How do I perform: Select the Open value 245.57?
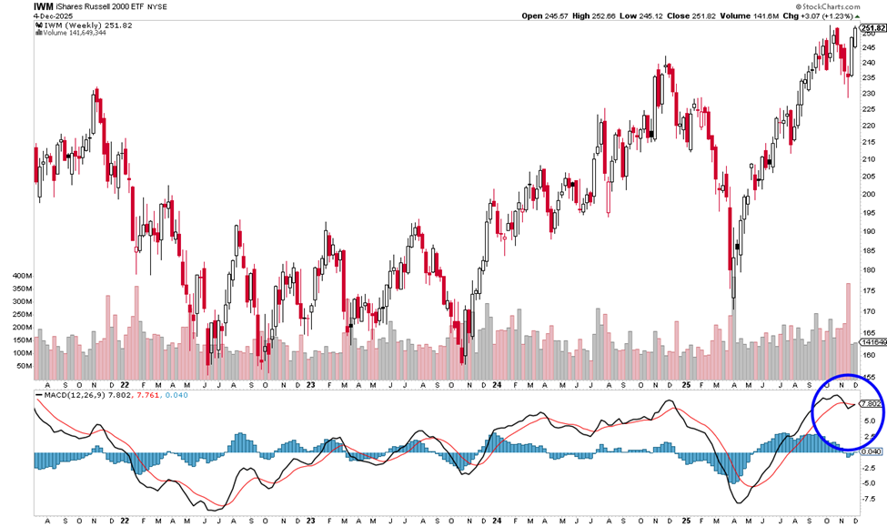[x=559, y=15]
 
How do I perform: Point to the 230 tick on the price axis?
[x=870, y=92]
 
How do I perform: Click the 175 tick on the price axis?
[x=870, y=290]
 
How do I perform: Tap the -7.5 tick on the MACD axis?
[x=870, y=500]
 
